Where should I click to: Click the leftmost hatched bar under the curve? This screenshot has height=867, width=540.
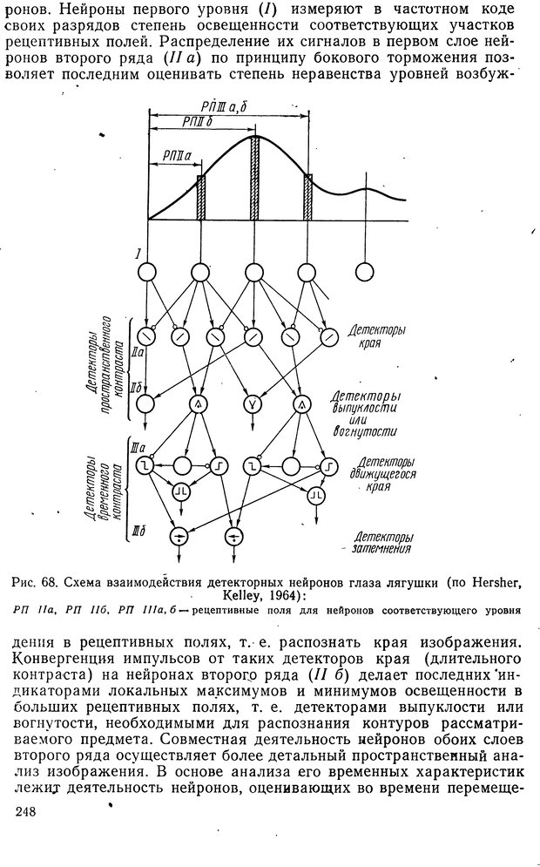coord(200,198)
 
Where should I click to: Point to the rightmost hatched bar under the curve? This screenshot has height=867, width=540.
coord(307,198)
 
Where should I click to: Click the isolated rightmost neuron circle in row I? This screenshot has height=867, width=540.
coord(363,272)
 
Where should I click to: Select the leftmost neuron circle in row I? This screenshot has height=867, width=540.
coord(147,272)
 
